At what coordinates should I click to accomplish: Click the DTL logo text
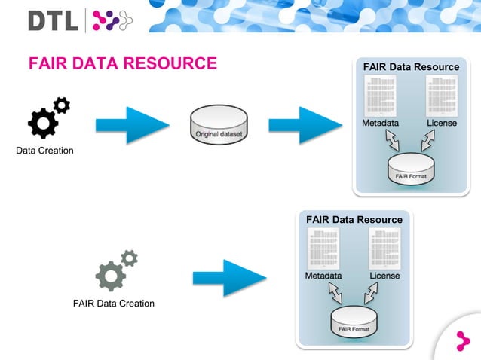(53, 20)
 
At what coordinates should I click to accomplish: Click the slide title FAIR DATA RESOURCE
(122, 63)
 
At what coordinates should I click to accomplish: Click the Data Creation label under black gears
(45, 151)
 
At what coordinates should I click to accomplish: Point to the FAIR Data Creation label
(114, 304)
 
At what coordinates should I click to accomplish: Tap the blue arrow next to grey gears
(229, 278)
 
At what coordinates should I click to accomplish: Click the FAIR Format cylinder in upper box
(411, 169)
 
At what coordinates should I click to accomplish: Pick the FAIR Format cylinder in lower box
(354, 322)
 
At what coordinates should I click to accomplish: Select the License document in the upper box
(441, 96)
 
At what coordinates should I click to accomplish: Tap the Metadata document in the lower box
(323, 249)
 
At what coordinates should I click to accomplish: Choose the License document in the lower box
(384, 249)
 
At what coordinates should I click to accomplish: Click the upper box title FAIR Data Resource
(411, 67)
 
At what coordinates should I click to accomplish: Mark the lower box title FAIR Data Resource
(354, 220)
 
